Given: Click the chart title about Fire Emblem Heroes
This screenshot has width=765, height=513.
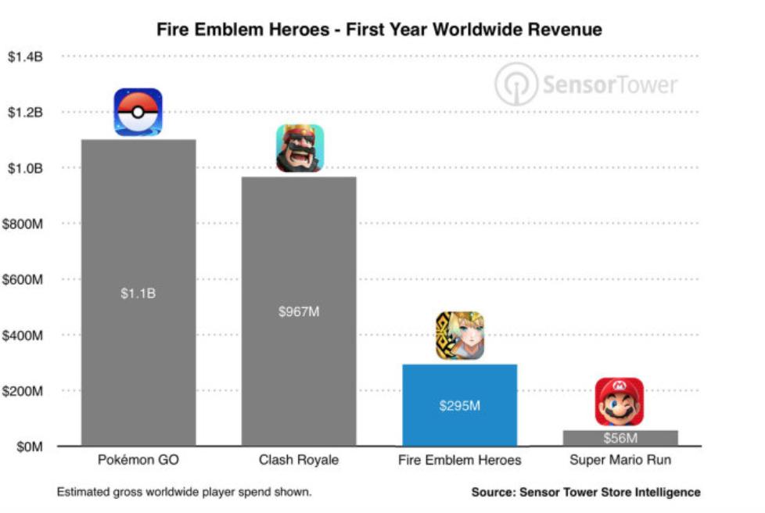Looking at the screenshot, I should point(379,30).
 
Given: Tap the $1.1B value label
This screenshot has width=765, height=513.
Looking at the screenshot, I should point(138,293).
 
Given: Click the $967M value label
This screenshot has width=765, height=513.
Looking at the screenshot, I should point(299,311).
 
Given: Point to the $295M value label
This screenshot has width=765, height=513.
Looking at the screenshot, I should point(459,406).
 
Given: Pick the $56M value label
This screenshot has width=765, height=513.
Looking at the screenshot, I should point(620,439).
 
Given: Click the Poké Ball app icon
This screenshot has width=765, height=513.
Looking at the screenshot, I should point(138,112).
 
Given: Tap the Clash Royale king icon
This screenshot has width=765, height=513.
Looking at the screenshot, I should point(299,148).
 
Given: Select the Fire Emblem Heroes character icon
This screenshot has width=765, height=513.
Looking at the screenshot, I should point(460,335).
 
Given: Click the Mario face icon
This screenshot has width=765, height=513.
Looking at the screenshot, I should point(620,401).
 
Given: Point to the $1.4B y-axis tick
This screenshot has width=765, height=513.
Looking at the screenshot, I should point(25,57).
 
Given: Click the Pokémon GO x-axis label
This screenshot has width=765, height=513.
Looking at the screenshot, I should point(138,460).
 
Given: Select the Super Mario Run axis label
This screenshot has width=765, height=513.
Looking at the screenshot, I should point(620,460).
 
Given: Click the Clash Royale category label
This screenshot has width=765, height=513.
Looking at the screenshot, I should point(299,460).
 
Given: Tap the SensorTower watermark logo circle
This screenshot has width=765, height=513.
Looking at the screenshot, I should point(516,84).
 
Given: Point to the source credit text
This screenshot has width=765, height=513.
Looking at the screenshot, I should point(585,493).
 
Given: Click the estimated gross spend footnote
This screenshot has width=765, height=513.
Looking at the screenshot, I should point(184,493).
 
